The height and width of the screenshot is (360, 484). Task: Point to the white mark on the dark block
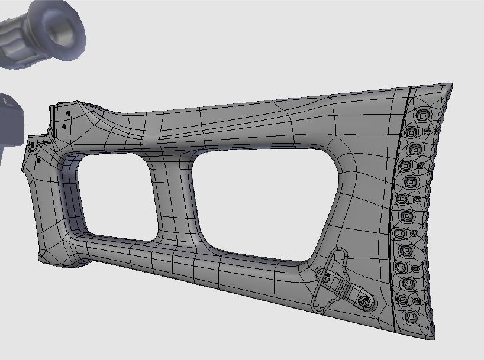[x=8, y=102]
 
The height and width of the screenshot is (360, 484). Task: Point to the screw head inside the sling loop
[x=324, y=276]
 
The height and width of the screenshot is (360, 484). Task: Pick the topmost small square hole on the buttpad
[x=426, y=131]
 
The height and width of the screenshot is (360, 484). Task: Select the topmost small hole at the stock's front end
[x=67, y=112]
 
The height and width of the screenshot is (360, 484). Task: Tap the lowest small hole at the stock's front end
[x=39, y=160]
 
